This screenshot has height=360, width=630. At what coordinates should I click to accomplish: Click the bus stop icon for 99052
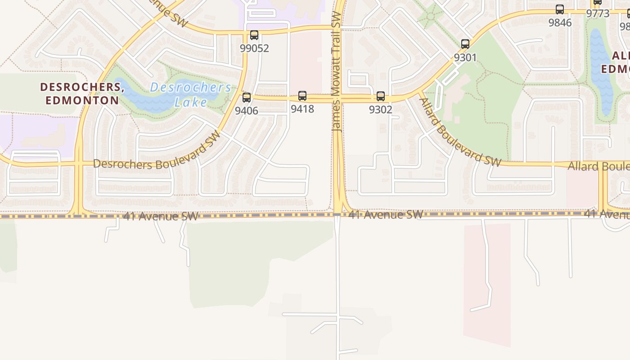pyautogui.click(x=254, y=35)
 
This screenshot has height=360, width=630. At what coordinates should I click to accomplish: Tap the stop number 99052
pyautogui.click(x=254, y=48)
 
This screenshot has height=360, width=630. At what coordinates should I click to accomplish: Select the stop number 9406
pyautogui.click(x=246, y=110)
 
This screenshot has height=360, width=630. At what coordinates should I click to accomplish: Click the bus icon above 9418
pyautogui.click(x=302, y=96)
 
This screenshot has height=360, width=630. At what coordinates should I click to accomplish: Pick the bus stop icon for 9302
pyautogui.click(x=381, y=96)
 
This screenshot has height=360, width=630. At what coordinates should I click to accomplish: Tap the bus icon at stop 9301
pyautogui.click(x=465, y=44)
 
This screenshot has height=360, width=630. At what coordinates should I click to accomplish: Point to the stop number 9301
pyautogui.click(x=465, y=58)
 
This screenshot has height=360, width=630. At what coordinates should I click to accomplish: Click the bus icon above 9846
pyautogui.click(x=560, y=9)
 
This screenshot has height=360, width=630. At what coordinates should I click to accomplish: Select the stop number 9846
pyautogui.click(x=560, y=22)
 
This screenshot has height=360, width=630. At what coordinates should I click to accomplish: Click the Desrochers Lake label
pyautogui.click(x=191, y=94)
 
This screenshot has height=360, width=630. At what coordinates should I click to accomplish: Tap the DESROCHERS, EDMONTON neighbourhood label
pyautogui.click(x=82, y=93)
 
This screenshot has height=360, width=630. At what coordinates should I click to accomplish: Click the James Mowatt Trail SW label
pyautogui.click(x=337, y=72)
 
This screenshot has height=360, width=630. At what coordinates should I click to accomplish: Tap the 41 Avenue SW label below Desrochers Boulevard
pyautogui.click(x=161, y=216)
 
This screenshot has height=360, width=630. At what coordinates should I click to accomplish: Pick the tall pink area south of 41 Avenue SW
pyautogui.click(x=487, y=283)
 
